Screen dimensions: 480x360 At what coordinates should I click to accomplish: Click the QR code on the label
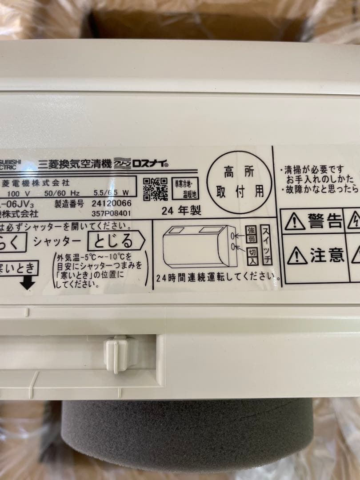coord(155,189)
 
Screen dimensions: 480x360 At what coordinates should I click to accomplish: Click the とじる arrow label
coord(116,242)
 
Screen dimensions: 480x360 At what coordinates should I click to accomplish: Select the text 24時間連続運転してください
coord(218,278)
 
